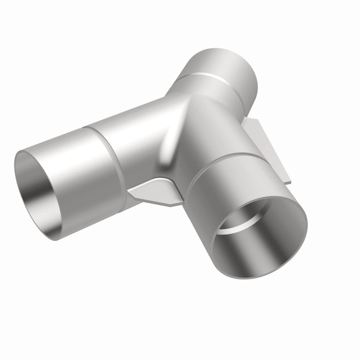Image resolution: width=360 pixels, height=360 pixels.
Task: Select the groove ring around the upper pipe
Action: point(211,79)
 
